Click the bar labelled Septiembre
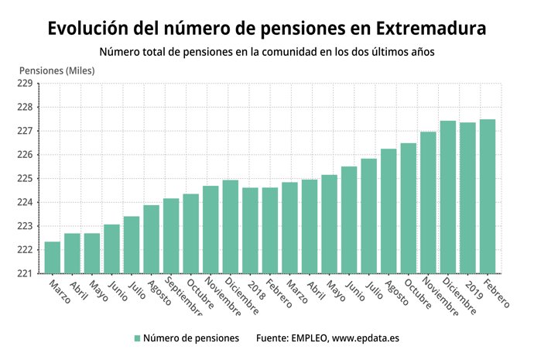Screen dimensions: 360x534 pos(171,236)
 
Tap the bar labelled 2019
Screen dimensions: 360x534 pos(467,198)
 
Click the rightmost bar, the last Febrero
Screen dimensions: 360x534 pos(488,197)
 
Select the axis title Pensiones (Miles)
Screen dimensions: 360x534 pos(57,70)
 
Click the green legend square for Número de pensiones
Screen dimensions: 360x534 pos(137,338)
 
